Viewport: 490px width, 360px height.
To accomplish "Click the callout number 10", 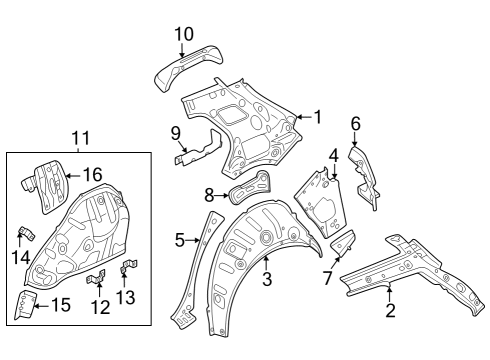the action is pos(184,34).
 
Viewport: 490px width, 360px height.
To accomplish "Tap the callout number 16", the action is pos(92,175).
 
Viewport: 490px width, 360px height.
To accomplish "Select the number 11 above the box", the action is pos(81,138).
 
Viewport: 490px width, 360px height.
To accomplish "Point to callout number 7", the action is pos(327,278).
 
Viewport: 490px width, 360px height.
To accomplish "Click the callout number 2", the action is pos(390,310).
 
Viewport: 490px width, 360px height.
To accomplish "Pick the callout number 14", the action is pos(21,257).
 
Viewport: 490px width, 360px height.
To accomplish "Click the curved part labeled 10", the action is pos(189,68).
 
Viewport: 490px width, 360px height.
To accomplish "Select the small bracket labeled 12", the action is pos(96,277).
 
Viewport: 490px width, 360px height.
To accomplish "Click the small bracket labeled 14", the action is pos(27,233).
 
